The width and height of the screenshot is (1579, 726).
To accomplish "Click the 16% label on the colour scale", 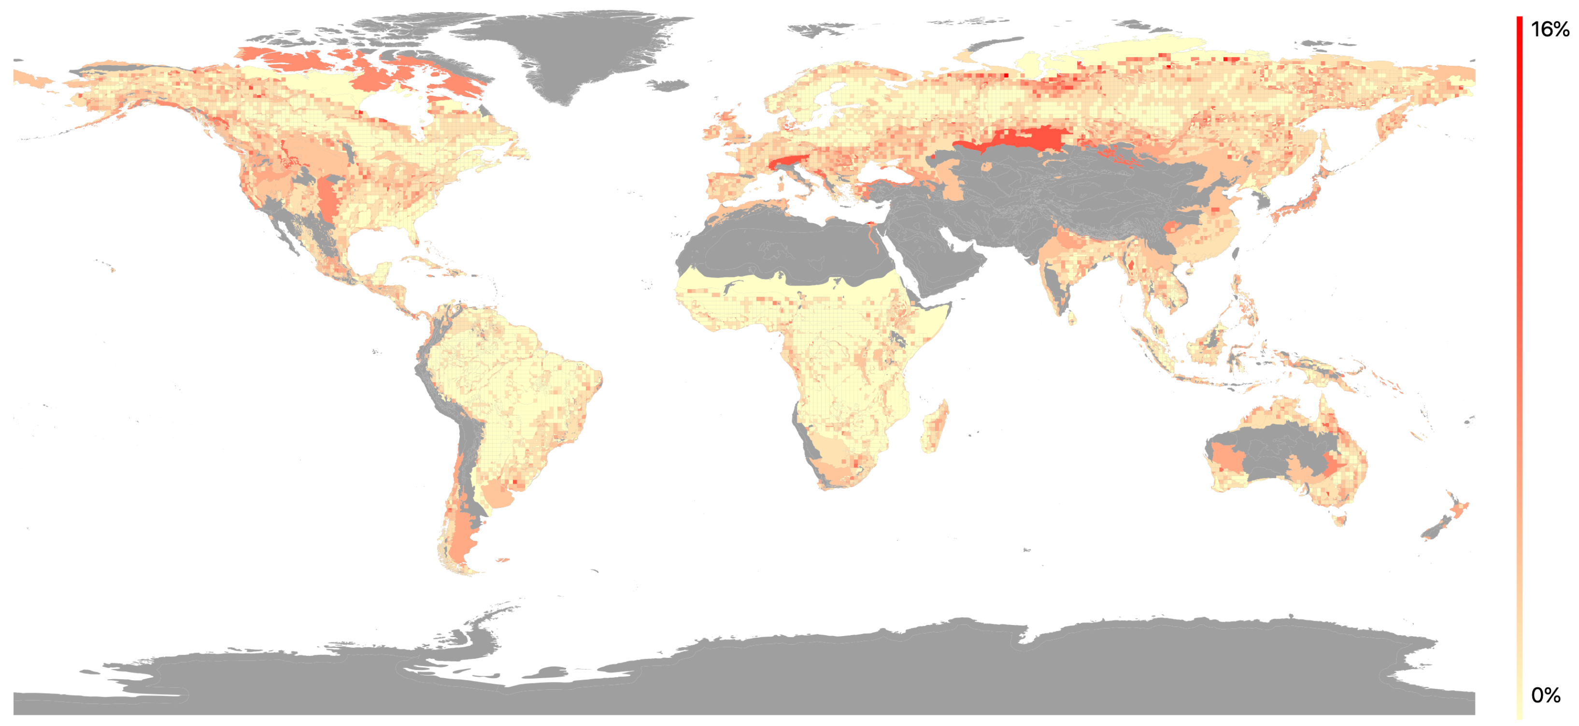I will (1550, 29).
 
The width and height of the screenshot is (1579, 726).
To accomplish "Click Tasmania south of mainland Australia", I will (1340, 521).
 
